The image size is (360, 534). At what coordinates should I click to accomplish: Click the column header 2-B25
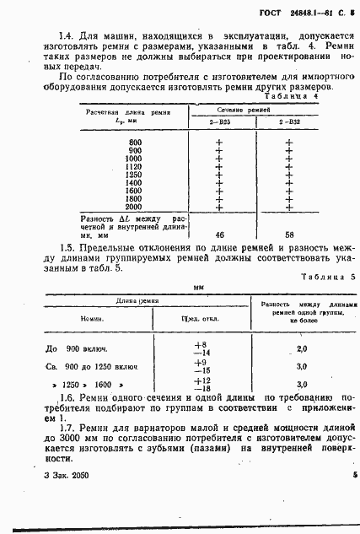(x=219, y=123)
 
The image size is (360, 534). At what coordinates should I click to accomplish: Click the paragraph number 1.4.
(x=67, y=35)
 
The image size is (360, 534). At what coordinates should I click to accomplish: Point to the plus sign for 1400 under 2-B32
(x=289, y=182)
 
